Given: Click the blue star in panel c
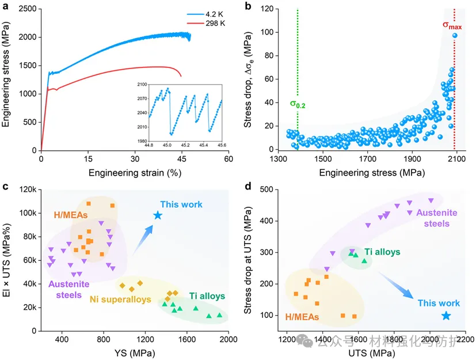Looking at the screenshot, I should point(158,215).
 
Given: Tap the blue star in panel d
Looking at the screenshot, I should point(445,316).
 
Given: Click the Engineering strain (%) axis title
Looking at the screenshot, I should point(135,172).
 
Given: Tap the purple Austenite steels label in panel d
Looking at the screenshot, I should point(437,218).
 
